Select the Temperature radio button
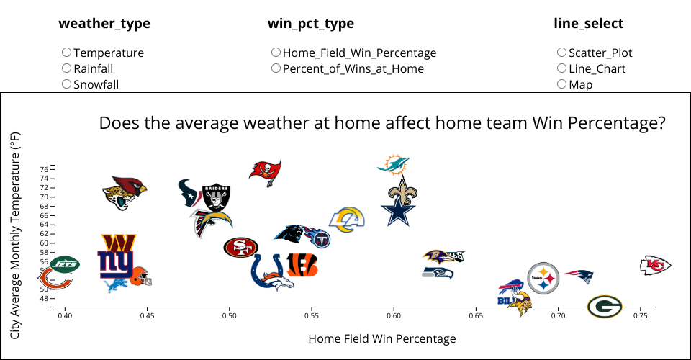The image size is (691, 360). [x=67, y=53]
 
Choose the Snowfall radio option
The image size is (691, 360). [x=67, y=84]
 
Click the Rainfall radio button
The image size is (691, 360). [x=67, y=68]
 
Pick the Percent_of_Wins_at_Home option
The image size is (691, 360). [x=276, y=68]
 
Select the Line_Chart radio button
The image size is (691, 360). [x=562, y=68]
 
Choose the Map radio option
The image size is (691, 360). [x=562, y=84]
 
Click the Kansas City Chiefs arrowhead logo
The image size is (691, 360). [x=656, y=266]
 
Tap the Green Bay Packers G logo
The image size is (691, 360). [x=605, y=307]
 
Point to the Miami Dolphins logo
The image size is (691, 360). [x=393, y=164]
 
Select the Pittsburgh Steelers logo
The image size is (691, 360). [x=543, y=277]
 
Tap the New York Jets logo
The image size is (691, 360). [x=65, y=264]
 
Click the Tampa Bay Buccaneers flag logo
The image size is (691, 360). [x=265, y=171]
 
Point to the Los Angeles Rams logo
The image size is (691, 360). [x=348, y=218]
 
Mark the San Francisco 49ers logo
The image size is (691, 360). [x=240, y=248]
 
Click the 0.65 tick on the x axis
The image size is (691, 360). [x=476, y=315]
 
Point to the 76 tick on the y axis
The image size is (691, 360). [x=44, y=169]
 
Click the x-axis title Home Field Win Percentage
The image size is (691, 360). [x=381, y=338]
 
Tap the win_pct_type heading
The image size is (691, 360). [x=311, y=24]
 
